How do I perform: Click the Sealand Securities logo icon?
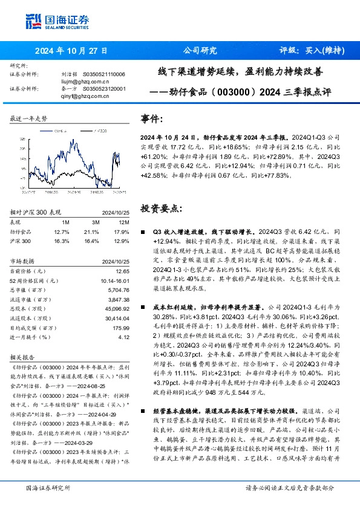click(x=32, y=22)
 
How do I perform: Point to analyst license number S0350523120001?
click(x=103, y=88)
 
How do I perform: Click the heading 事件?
click(x=151, y=119)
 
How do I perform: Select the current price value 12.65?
click(x=123, y=271)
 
